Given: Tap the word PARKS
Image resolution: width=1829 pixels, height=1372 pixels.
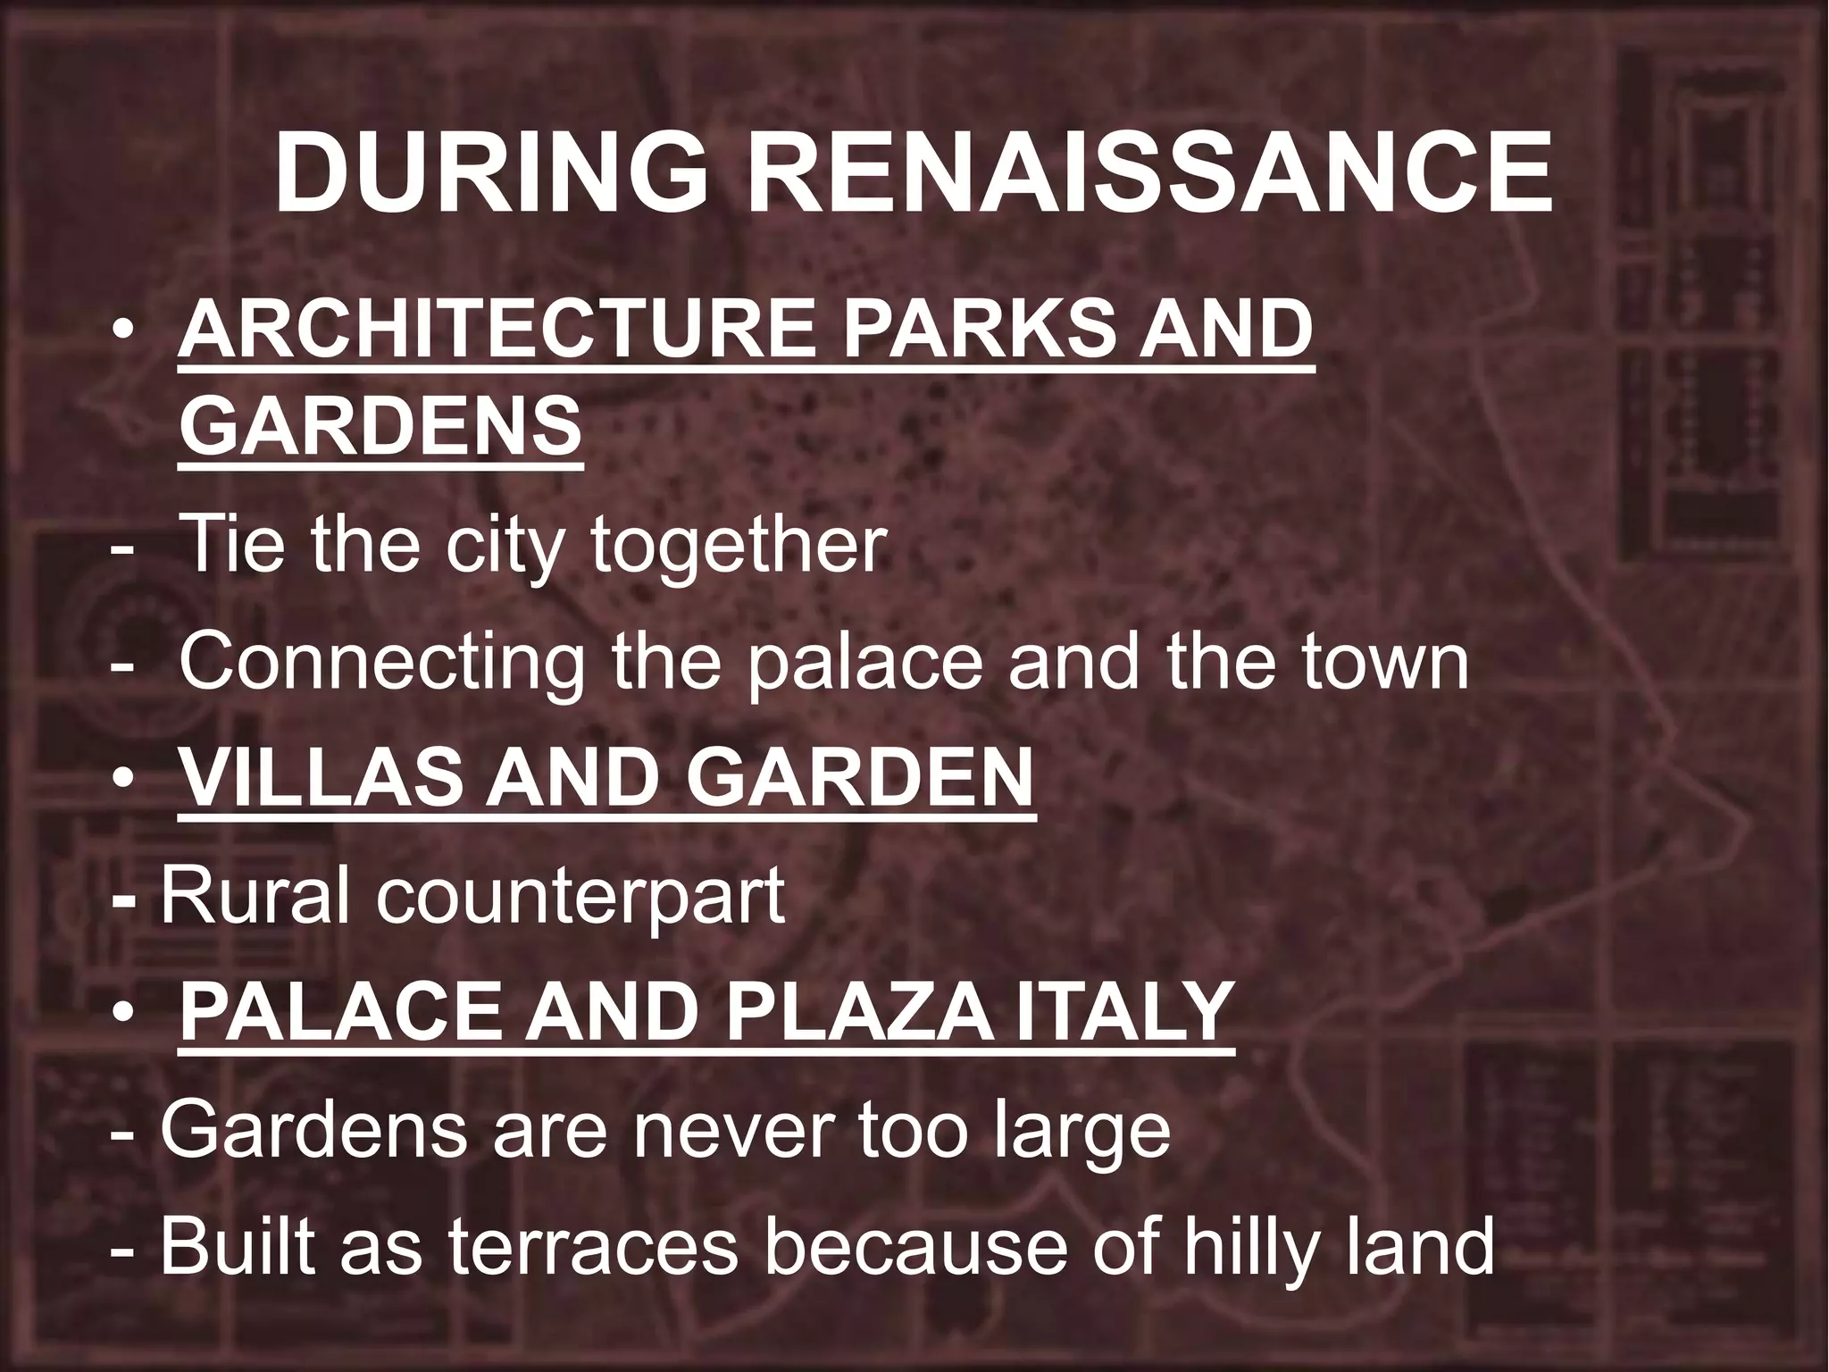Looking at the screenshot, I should pyautogui.click(x=973, y=330).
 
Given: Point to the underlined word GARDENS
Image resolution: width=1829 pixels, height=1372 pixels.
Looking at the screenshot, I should pyautogui.click(x=380, y=425).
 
